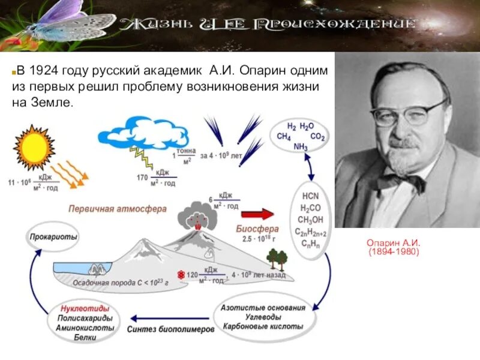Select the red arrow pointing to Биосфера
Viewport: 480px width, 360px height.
257,214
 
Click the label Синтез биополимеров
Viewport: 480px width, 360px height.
170,329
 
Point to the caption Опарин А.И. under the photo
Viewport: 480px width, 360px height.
393,243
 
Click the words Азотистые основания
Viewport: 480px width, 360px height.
263,308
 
